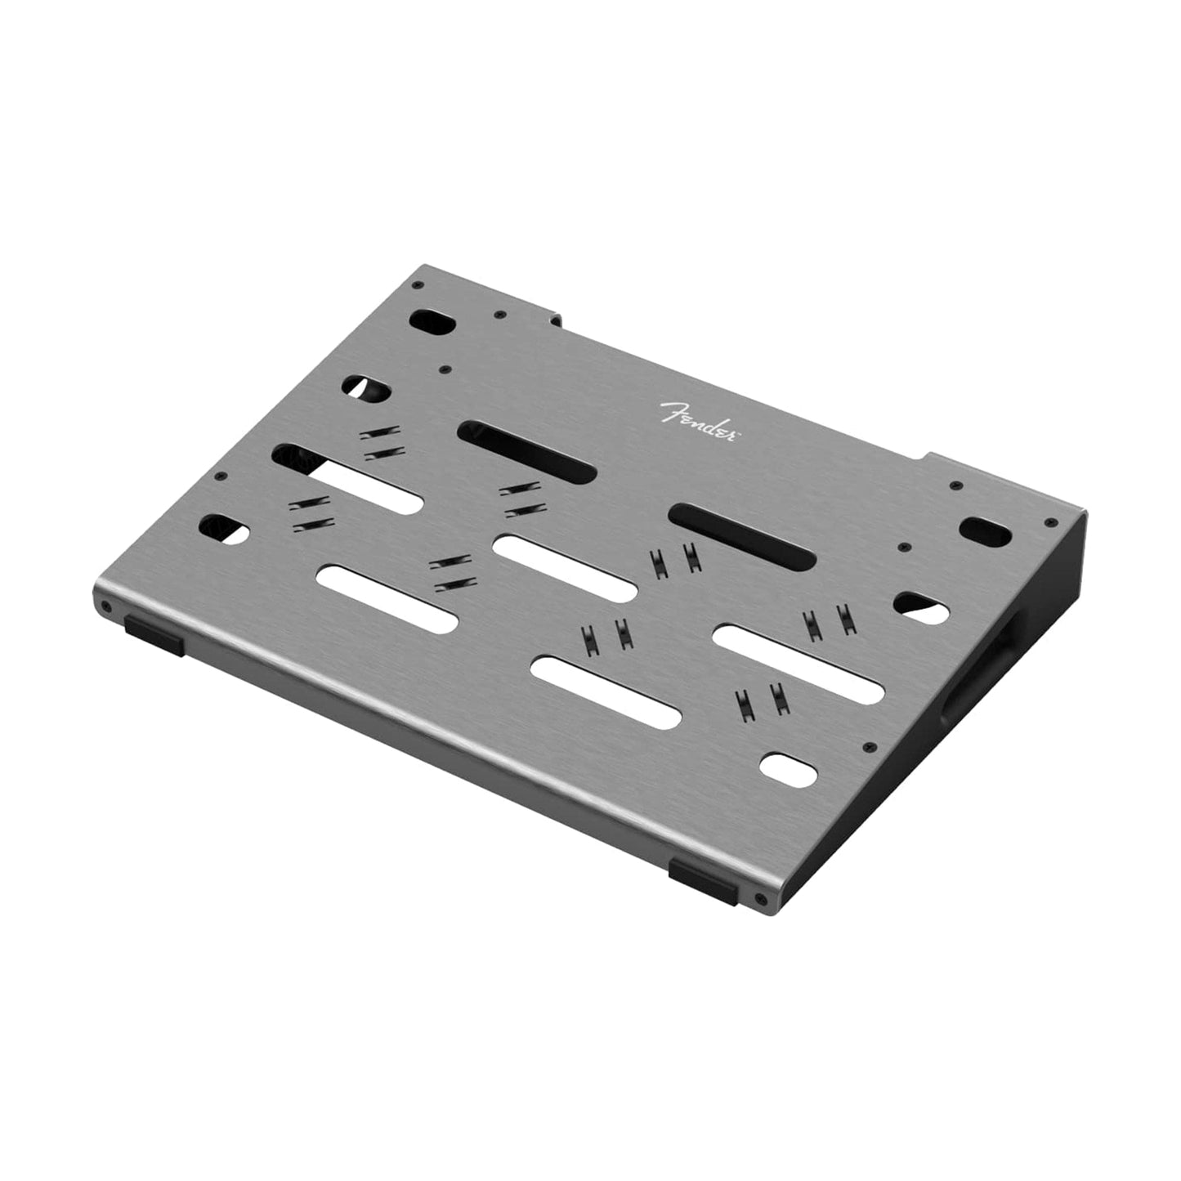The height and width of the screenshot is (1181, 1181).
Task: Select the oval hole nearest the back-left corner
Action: point(432,321)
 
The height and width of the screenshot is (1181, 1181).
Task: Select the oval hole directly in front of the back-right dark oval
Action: point(921,605)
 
